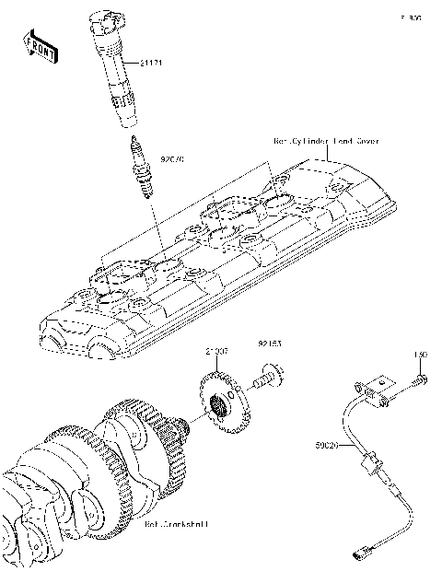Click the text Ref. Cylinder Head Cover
click(326, 141)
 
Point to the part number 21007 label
click(216, 352)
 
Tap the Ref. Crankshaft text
click(176, 524)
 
